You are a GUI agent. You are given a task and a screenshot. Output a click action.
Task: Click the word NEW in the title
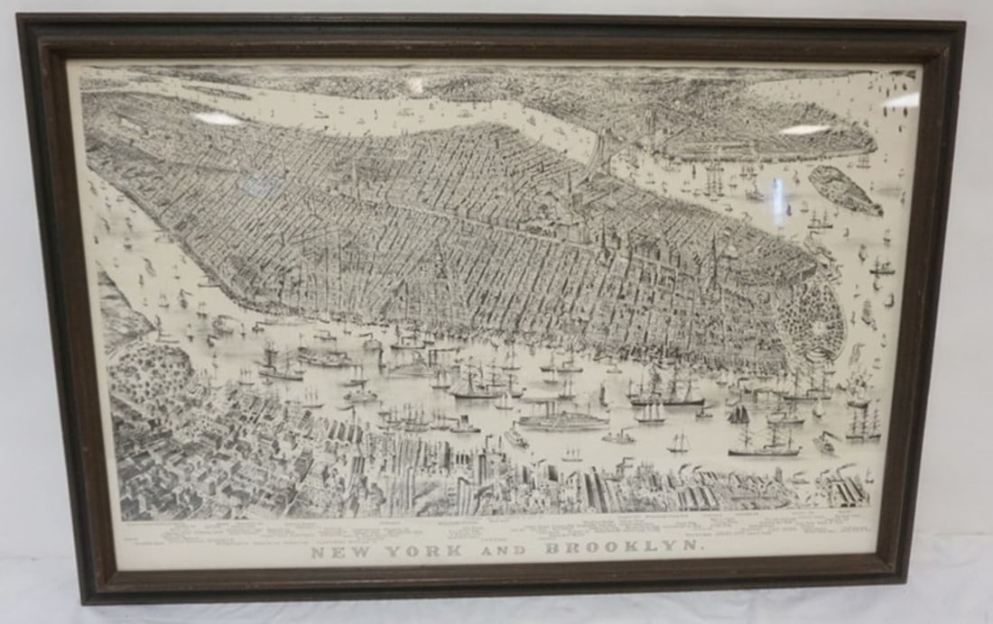tap(337, 551)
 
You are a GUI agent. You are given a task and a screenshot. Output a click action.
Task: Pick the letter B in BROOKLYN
tap(552, 549)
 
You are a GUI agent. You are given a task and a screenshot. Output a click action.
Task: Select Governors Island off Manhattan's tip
tap(845, 190)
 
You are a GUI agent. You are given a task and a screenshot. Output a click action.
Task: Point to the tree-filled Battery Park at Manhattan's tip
tap(812, 316)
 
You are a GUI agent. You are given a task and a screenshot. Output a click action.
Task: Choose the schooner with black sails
tap(739, 416)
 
